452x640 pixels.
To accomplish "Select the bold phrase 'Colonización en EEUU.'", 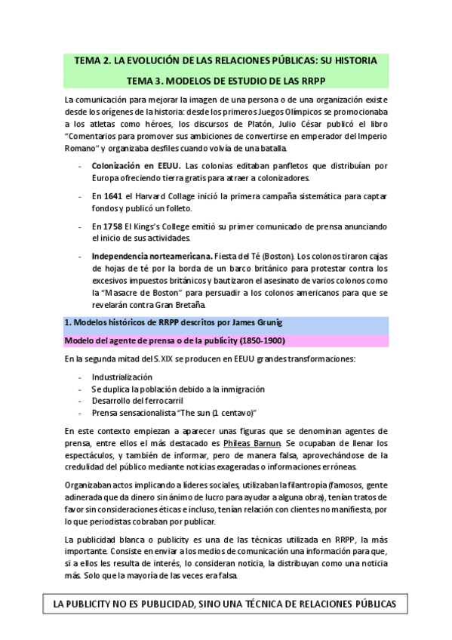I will [x=137, y=165].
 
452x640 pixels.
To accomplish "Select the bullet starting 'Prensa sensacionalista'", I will [x=174, y=413].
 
